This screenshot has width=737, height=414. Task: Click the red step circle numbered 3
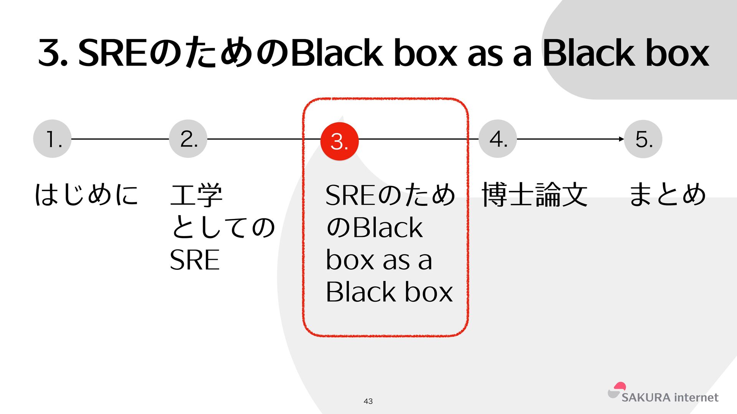pyautogui.click(x=339, y=141)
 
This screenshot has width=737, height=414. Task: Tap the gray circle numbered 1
pyautogui.click(x=52, y=139)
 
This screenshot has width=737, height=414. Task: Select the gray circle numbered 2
pyautogui.click(x=188, y=139)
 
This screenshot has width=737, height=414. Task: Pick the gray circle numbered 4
pyautogui.click(x=498, y=139)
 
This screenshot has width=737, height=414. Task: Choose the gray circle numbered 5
pyautogui.click(x=643, y=139)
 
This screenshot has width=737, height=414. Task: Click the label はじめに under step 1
pyautogui.click(x=86, y=194)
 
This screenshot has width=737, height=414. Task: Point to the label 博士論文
pyautogui.click(x=534, y=194)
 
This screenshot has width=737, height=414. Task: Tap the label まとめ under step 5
pyautogui.click(x=667, y=194)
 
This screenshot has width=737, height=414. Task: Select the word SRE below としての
pyautogui.click(x=195, y=260)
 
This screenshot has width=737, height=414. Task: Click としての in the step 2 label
pyautogui.click(x=223, y=227)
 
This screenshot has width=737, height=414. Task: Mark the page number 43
pyautogui.click(x=368, y=401)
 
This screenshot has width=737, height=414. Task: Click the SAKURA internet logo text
pyautogui.click(x=670, y=398)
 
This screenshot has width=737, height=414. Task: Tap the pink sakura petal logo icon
pyautogui.click(x=619, y=386)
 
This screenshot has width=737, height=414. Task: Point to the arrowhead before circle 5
pyautogui.click(x=621, y=139)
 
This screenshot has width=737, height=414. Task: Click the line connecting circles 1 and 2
pyautogui.click(x=120, y=139)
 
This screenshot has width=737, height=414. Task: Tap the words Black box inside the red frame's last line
pyautogui.click(x=389, y=292)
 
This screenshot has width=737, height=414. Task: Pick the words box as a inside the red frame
pyautogui.click(x=379, y=260)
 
